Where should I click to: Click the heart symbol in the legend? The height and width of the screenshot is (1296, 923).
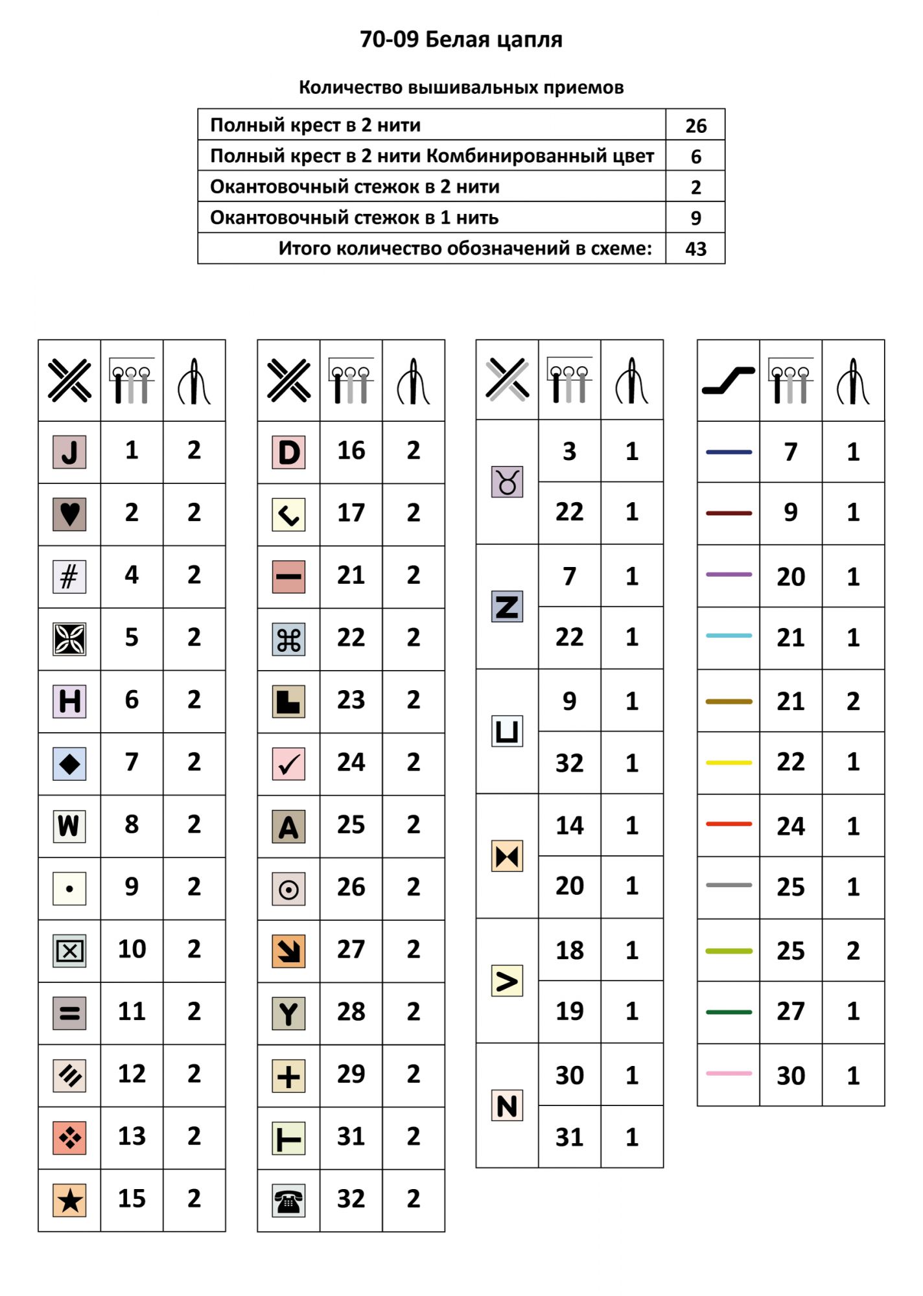(69, 515)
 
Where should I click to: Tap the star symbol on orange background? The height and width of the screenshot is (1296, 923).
(69, 1201)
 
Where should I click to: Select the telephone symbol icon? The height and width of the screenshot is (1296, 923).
(288, 1201)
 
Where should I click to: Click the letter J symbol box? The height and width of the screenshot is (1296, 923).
(69, 452)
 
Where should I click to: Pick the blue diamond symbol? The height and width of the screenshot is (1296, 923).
(69, 764)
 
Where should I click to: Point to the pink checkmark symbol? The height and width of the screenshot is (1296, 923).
(288, 764)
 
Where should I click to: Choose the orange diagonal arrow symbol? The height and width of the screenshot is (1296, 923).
(288, 951)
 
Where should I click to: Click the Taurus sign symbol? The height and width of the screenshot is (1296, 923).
(507, 482)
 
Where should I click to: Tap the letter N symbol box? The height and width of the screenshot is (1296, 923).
(507, 1105)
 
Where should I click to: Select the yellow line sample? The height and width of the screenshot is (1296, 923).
(729, 763)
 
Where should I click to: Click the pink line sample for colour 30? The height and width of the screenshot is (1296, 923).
(729, 1074)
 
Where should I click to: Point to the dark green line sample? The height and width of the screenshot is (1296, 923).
(729, 1012)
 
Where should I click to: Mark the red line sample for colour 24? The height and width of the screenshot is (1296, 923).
(729, 824)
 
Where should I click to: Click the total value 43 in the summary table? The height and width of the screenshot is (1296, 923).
(695, 249)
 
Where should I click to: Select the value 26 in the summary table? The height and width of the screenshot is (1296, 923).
(695, 126)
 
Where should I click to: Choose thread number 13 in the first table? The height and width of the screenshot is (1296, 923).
(132, 1136)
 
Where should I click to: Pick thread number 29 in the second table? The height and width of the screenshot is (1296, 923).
(351, 1074)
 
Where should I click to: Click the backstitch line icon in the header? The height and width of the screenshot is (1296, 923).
(729, 380)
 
